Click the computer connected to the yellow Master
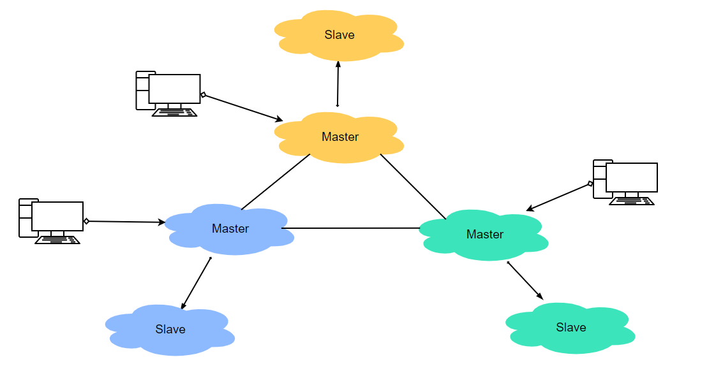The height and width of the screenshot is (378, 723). pyautogui.click(x=168, y=93)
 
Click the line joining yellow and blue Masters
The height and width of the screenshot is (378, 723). pyautogui.click(x=276, y=182)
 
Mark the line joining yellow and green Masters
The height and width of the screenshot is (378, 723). pyautogui.click(x=413, y=186)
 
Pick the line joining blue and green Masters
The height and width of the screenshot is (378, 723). pyautogui.click(x=351, y=228)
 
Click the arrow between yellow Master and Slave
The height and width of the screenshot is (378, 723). pyautogui.click(x=338, y=84)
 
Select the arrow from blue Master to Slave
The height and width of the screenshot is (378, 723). pyautogui.click(x=196, y=283)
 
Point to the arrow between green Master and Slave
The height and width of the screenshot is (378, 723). pyautogui.click(x=525, y=280)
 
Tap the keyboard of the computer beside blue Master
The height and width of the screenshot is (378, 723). pyautogui.click(x=57, y=240)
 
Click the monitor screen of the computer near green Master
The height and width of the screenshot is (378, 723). pyautogui.click(x=631, y=177)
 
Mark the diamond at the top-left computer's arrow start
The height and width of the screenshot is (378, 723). pyautogui.click(x=203, y=95)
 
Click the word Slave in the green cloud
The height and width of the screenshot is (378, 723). pyautogui.click(x=570, y=327)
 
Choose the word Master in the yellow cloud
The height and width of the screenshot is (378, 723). pyautogui.click(x=340, y=136)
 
